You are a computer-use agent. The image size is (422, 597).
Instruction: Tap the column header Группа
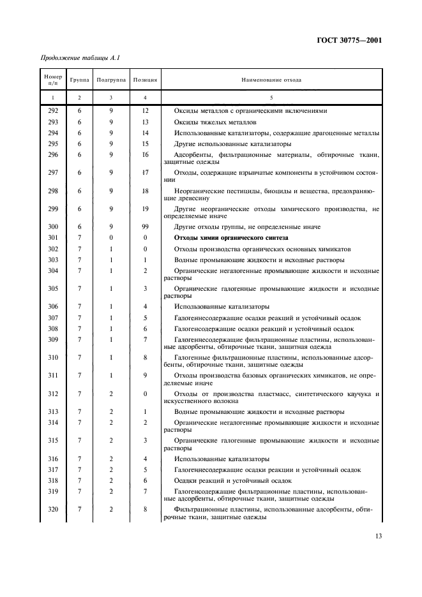(x=80, y=80)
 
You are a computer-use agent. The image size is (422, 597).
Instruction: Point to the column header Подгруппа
(x=110, y=80)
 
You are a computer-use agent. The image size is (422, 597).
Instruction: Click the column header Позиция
(x=145, y=80)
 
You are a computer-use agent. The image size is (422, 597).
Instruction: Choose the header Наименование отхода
(x=271, y=80)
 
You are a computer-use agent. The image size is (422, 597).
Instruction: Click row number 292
(x=53, y=110)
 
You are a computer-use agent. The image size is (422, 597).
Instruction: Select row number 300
(x=53, y=227)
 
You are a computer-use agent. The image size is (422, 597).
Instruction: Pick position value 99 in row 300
(x=145, y=227)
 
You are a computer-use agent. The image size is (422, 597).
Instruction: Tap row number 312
(x=53, y=394)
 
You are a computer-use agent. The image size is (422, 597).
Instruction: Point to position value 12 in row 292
(x=145, y=110)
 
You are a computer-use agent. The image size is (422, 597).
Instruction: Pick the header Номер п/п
(x=53, y=80)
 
